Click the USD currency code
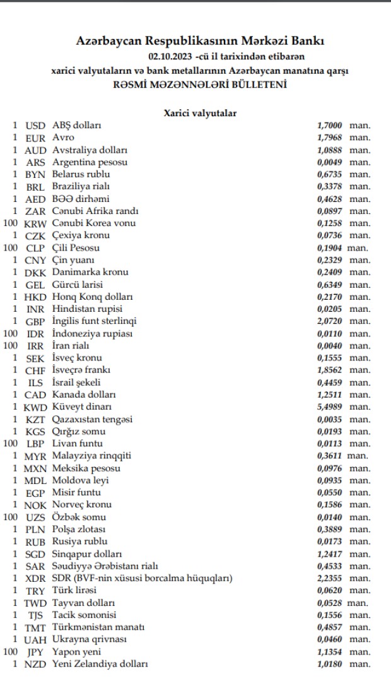pos(35,126)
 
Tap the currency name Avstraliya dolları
pos(90,150)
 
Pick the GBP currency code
pos(35,321)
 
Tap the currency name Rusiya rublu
pos(79,541)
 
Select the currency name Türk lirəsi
pos(74,591)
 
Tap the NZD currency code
pos(35,665)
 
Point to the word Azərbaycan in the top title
pos(109,42)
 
